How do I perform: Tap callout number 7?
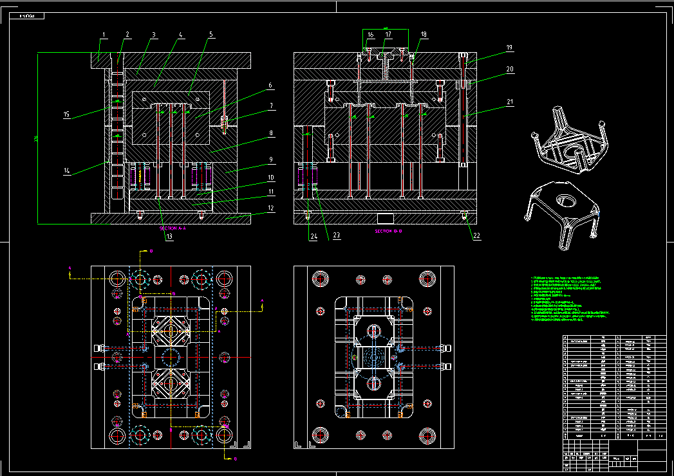(x=271, y=105)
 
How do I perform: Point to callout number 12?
(x=271, y=208)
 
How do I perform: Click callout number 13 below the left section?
(x=169, y=237)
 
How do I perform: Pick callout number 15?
(x=66, y=114)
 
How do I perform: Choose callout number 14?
(x=66, y=171)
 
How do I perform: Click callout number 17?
(x=388, y=34)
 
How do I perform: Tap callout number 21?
(x=509, y=102)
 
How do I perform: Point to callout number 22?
(x=476, y=235)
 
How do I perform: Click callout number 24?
(x=314, y=236)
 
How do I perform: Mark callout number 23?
(x=336, y=236)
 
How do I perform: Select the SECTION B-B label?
(x=389, y=230)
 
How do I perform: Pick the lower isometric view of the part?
(x=561, y=212)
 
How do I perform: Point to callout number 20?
(x=509, y=68)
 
